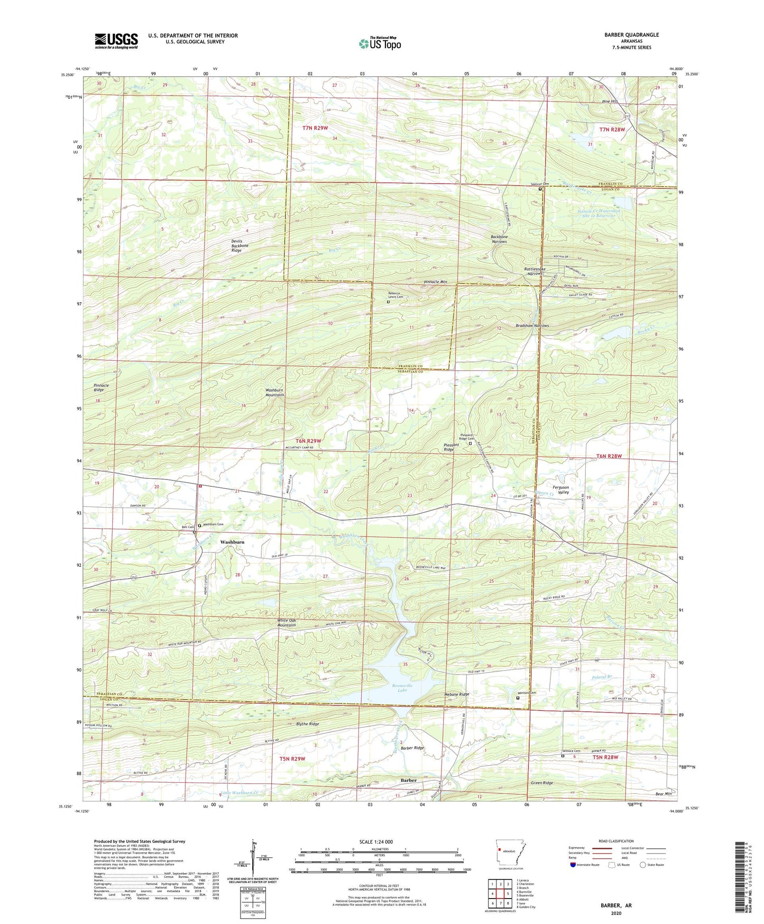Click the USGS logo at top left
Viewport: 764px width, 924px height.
pyautogui.click(x=116, y=41)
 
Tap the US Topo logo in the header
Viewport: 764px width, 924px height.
pyautogui.click(x=380, y=43)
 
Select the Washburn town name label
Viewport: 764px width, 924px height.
pyautogui.click(x=232, y=542)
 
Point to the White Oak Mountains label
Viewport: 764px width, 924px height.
pyautogui.click(x=286, y=622)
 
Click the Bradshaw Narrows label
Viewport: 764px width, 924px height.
pyautogui.click(x=532, y=325)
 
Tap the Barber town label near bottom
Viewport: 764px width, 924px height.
pyautogui.click(x=408, y=781)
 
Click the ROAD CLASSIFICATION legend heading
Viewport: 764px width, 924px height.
pyautogui.click(x=615, y=841)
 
